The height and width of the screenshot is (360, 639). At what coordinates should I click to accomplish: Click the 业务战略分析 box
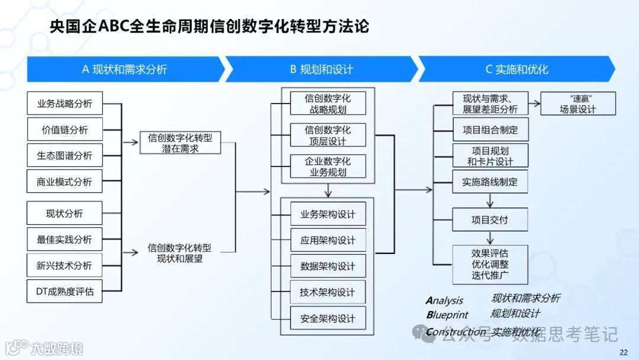point(64,104)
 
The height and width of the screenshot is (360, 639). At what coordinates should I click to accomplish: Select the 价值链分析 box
point(64,130)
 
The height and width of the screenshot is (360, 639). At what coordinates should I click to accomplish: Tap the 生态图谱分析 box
point(64,156)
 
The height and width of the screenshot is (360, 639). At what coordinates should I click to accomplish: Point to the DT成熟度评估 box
point(64,291)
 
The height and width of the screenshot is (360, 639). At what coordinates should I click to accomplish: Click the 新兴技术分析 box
point(64,266)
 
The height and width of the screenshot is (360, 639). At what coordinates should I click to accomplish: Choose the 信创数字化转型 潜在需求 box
point(180,143)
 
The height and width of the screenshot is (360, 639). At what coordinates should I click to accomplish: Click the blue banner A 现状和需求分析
point(124,69)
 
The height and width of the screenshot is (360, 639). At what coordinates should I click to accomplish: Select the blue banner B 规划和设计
point(321,69)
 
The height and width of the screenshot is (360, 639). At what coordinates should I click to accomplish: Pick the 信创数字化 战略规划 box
point(328,104)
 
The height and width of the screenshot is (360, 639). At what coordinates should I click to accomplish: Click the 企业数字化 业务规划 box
point(328,166)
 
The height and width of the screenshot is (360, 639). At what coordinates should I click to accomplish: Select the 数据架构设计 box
point(328,266)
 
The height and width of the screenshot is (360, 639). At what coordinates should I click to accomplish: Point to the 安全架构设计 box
point(328,319)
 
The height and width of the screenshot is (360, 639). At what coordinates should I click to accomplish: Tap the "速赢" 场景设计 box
point(578,104)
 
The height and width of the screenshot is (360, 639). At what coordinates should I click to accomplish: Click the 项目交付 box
point(489,220)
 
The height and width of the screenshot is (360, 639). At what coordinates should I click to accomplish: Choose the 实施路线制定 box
point(489,182)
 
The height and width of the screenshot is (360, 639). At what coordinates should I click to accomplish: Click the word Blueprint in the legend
point(447,316)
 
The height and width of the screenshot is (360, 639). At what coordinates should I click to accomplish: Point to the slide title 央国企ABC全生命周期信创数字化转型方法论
point(208,28)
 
